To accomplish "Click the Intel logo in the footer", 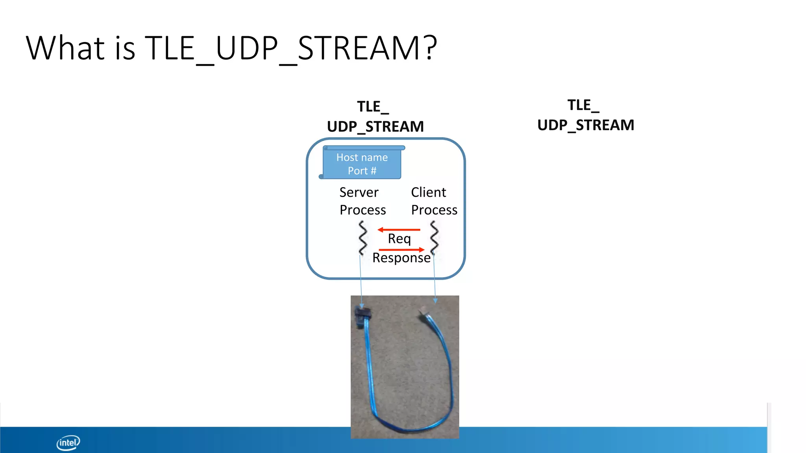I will [x=68, y=442].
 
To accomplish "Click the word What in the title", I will [x=65, y=48].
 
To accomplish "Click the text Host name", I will [x=362, y=157].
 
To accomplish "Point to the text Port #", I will [x=362, y=171].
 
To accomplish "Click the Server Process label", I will [x=362, y=201].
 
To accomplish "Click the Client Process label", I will [x=434, y=201].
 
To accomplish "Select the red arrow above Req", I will [x=399, y=230].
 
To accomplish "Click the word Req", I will [x=399, y=239].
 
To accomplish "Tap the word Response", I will [x=401, y=258].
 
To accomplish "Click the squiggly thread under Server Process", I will [x=362, y=238].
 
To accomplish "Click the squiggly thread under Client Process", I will [x=434, y=238].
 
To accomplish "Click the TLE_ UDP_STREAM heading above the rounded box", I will [x=375, y=117].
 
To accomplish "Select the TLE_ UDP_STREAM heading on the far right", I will [x=586, y=115].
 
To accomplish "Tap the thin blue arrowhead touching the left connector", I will [x=362, y=306].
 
